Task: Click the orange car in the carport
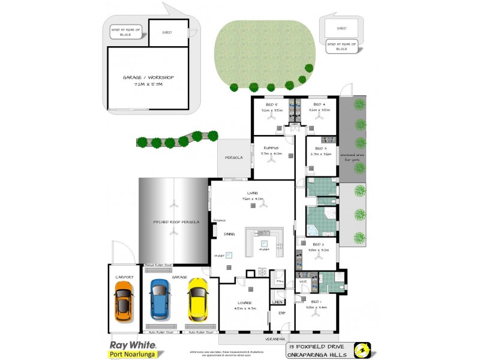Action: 123,301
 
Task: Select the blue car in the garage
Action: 160,299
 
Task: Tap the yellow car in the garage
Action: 197,299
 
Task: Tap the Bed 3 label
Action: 320,148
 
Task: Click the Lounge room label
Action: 244,302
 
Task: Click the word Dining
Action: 229,234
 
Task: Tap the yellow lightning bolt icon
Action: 362,350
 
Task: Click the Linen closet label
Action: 277,302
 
